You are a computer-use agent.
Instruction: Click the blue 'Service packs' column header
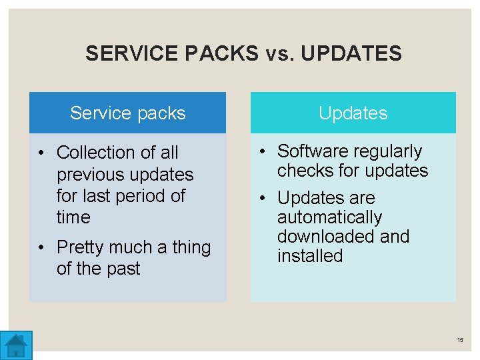click(x=127, y=113)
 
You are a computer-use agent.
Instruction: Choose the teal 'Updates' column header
click(x=353, y=113)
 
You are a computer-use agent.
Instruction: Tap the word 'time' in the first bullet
click(x=73, y=217)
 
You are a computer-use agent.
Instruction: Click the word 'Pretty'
click(x=81, y=247)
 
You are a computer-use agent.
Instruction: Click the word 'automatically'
click(x=329, y=217)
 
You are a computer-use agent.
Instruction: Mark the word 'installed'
click(x=309, y=256)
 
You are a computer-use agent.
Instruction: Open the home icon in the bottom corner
click(x=15, y=345)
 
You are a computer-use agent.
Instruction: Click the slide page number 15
click(x=460, y=340)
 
